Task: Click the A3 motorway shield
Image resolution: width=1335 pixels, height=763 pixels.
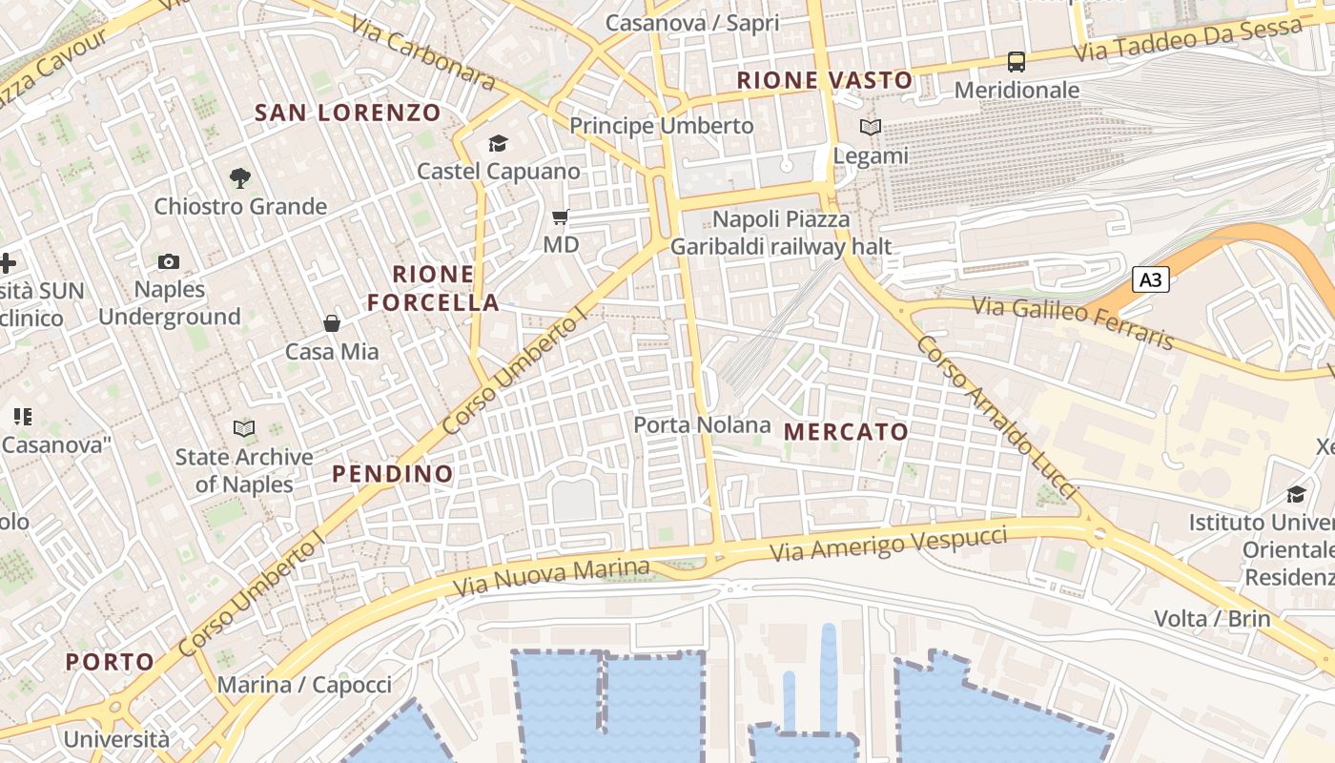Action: tap(1151, 279)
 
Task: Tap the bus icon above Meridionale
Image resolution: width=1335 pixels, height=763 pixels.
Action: tap(1017, 62)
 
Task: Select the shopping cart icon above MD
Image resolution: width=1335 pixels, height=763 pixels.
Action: tap(561, 217)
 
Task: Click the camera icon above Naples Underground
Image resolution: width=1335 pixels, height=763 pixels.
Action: tap(169, 261)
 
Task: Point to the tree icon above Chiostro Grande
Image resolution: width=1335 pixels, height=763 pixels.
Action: tap(240, 177)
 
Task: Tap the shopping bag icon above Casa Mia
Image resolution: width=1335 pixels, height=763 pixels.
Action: tap(332, 323)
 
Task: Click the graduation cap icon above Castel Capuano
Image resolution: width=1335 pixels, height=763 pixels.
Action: tap(498, 144)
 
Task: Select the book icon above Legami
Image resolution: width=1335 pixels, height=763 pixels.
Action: tap(870, 127)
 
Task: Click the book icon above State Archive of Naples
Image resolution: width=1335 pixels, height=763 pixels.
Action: tap(244, 429)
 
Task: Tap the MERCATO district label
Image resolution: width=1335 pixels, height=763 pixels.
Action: tap(846, 432)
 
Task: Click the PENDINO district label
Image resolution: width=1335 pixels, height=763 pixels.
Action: tap(392, 474)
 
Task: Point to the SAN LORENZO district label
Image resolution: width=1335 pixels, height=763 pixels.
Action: tap(348, 113)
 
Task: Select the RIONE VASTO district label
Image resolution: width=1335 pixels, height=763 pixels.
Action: tap(825, 80)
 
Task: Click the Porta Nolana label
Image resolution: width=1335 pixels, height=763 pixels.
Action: tap(702, 424)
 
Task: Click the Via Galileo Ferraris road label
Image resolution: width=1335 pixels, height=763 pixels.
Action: tap(1073, 323)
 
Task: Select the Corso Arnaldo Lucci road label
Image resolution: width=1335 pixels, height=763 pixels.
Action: tap(996, 417)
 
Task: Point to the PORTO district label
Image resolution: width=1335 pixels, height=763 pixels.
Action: tap(110, 662)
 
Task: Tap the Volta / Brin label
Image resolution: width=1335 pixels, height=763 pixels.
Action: tap(1212, 618)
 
